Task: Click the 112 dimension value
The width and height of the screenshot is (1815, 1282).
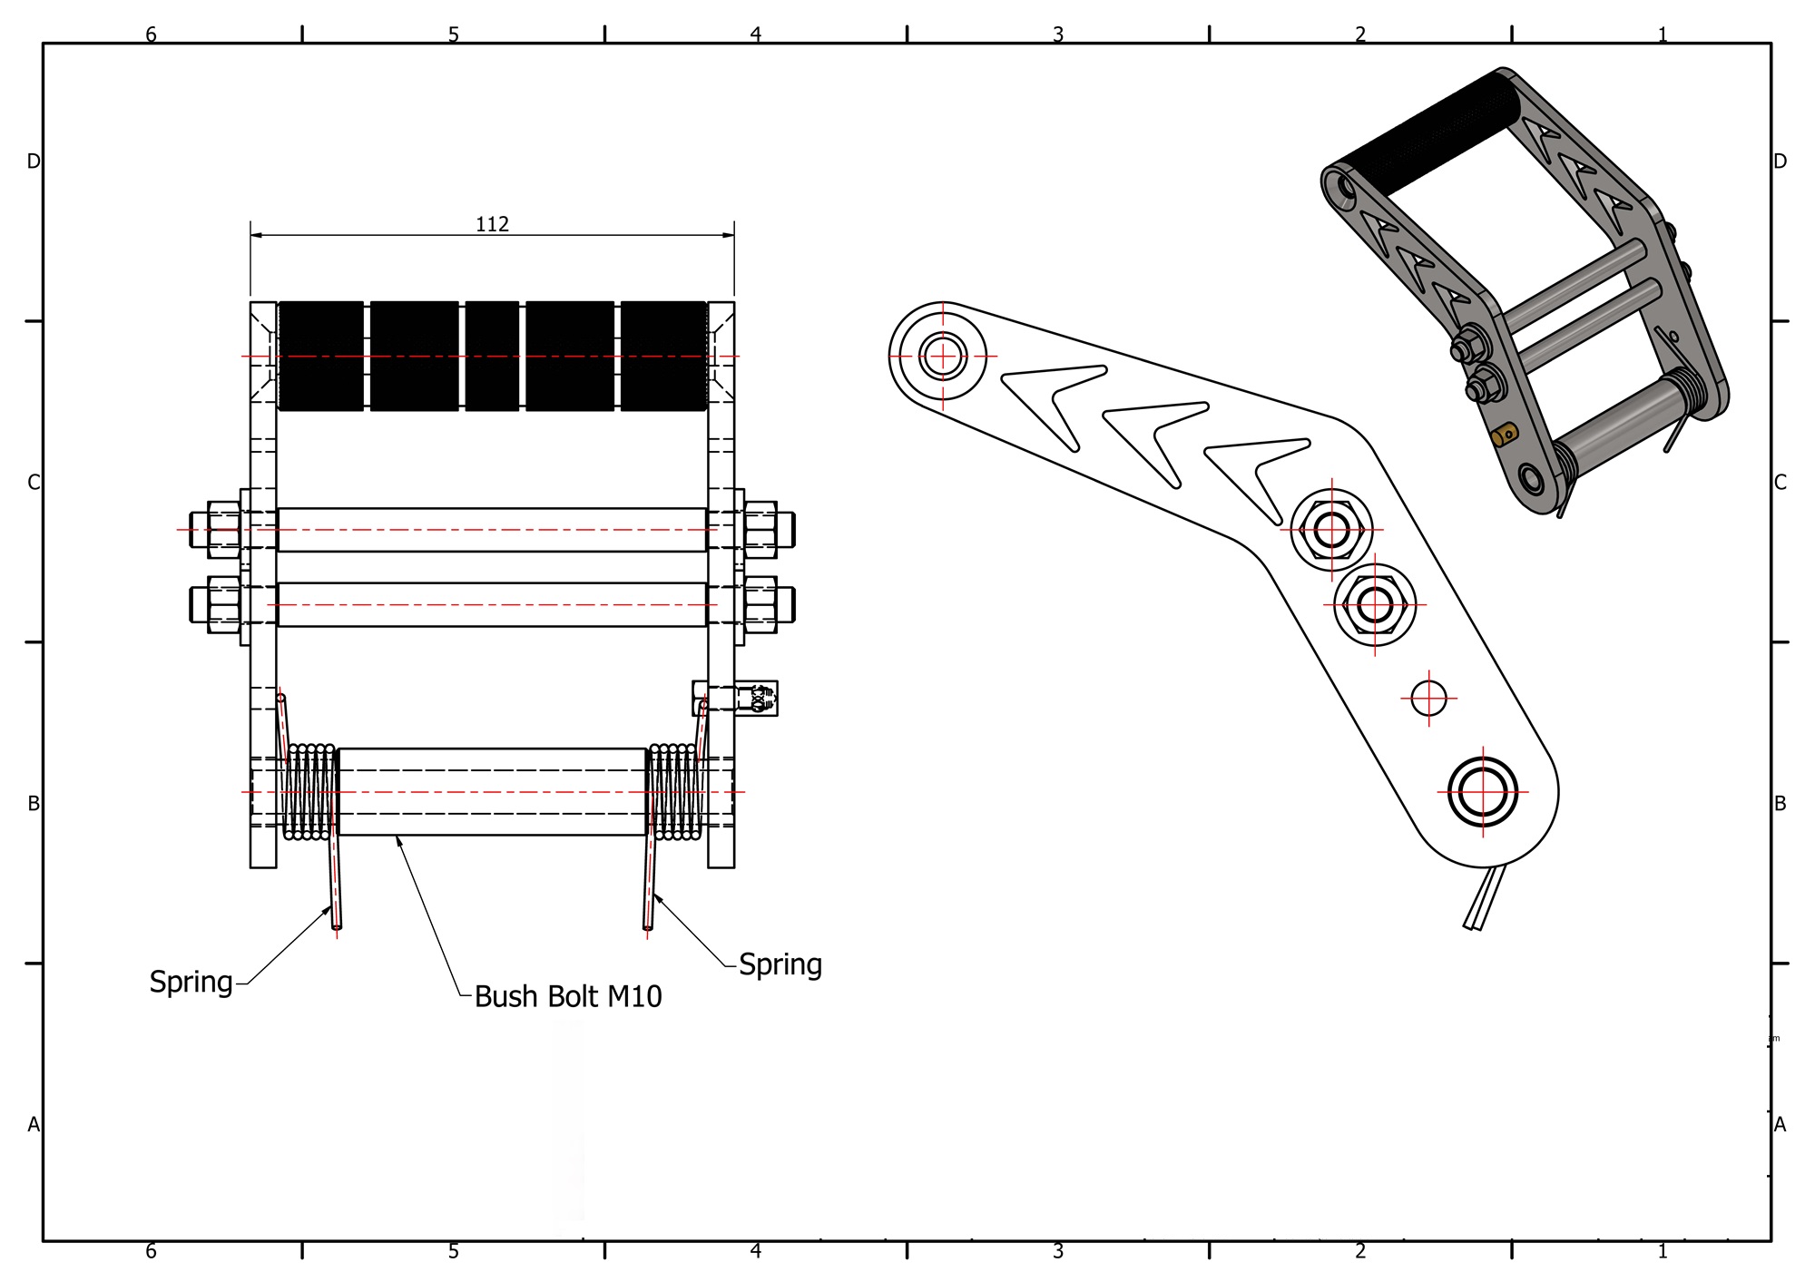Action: coord(492,224)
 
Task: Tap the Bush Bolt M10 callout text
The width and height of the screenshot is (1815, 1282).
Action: coord(568,996)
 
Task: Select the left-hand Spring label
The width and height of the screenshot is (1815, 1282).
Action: coord(191,982)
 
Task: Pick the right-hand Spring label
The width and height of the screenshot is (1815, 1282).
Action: coord(780,964)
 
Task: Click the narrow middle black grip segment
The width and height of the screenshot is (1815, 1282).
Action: coord(492,356)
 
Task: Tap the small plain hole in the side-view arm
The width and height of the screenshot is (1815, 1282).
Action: coord(1428,698)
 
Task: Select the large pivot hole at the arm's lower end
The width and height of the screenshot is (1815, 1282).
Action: coord(1483,791)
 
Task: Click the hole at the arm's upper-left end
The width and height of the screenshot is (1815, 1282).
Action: coord(943,356)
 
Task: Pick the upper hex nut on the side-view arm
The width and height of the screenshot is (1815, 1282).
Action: coord(1331,530)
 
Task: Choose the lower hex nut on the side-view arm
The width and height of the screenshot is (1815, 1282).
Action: coord(1375,604)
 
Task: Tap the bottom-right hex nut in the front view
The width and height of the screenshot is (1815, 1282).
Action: coord(760,604)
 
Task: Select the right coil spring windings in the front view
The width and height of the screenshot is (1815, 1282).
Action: coord(674,792)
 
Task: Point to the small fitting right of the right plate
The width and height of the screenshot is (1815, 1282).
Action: coord(755,699)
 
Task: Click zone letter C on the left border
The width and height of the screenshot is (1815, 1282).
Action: coord(34,483)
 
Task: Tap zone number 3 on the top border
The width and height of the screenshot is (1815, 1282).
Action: coord(1058,34)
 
